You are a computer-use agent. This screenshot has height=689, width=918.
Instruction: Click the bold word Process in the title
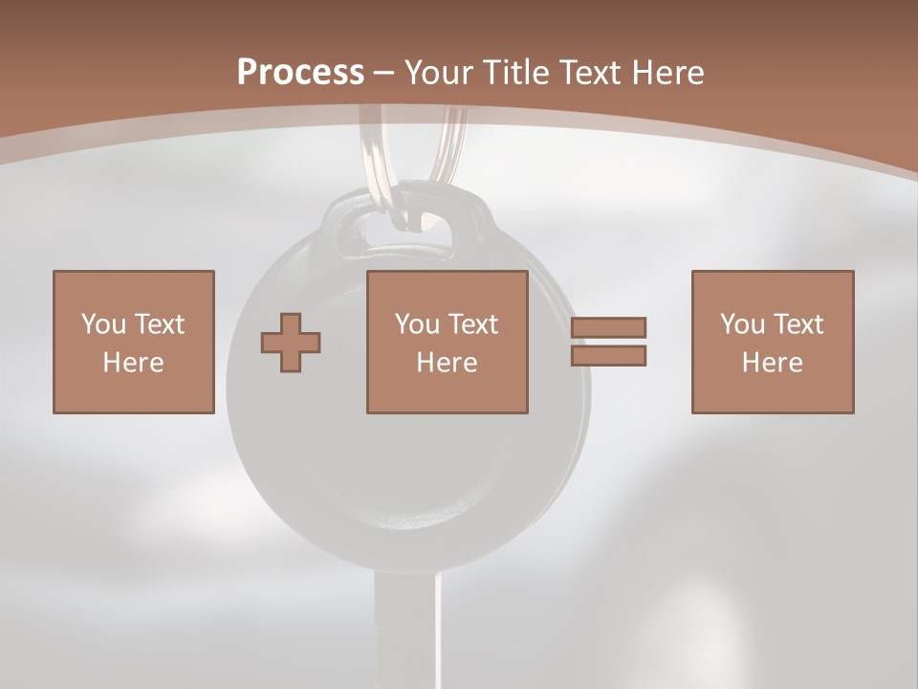(x=300, y=73)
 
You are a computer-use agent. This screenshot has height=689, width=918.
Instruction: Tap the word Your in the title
(x=441, y=73)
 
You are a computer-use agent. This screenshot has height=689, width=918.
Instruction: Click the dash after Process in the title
(x=384, y=74)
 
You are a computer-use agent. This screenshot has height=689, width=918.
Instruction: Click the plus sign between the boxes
(x=291, y=342)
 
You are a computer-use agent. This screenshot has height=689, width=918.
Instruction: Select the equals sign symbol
(x=609, y=342)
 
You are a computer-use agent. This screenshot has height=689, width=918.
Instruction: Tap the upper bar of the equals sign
(x=609, y=327)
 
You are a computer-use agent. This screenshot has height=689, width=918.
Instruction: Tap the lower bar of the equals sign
(x=609, y=356)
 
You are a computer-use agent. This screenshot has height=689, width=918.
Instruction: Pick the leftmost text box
(x=133, y=342)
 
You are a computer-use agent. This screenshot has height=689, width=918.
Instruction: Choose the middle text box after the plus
(x=447, y=342)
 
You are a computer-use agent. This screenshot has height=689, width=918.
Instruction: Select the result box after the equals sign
(x=772, y=342)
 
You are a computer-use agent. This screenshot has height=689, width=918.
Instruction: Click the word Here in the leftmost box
(x=133, y=363)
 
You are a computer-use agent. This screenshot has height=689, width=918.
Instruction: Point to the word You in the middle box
(x=417, y=324)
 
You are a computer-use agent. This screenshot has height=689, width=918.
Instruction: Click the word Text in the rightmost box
(x=797, y=324)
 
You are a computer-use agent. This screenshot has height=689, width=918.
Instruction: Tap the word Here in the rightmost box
(x=772, y=363)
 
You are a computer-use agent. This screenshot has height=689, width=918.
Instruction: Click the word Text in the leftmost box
(x=158, y=324)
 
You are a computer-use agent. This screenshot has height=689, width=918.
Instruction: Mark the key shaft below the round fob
(x=406, y=632)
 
